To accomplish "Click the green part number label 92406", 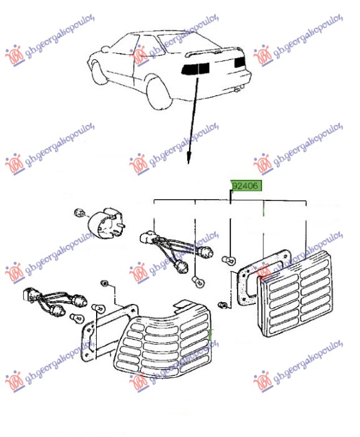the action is click(246, 185).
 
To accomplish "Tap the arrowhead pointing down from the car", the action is click(189, 159).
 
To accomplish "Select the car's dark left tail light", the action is click(195, 69).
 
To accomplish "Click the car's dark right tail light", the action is click(240, 62).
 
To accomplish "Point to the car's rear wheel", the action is click(158, 93).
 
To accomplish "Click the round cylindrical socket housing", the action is click(107, 223).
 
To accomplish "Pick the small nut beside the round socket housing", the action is click(79, 213).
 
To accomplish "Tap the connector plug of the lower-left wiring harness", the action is click(30, 295).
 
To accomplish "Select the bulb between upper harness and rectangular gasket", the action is click(230, 260).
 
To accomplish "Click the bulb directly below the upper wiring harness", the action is click(198, 282).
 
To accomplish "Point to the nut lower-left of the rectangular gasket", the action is click(223, 305).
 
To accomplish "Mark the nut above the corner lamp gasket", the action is click(105, 283).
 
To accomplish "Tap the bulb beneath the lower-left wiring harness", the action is click(77, 318).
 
